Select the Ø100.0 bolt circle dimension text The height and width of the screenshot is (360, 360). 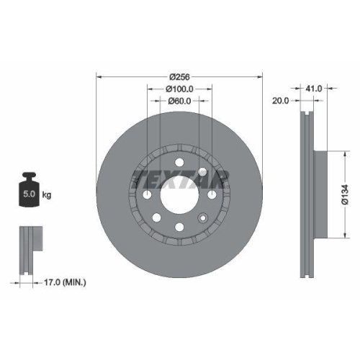180,89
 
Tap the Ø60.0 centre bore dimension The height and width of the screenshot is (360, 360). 180,101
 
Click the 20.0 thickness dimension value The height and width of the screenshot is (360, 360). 281,101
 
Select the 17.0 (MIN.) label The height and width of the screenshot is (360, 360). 64,282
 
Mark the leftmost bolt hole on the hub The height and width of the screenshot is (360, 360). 147,195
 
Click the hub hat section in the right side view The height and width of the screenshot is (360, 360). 320,194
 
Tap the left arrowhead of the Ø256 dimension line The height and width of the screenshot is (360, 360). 99,76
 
